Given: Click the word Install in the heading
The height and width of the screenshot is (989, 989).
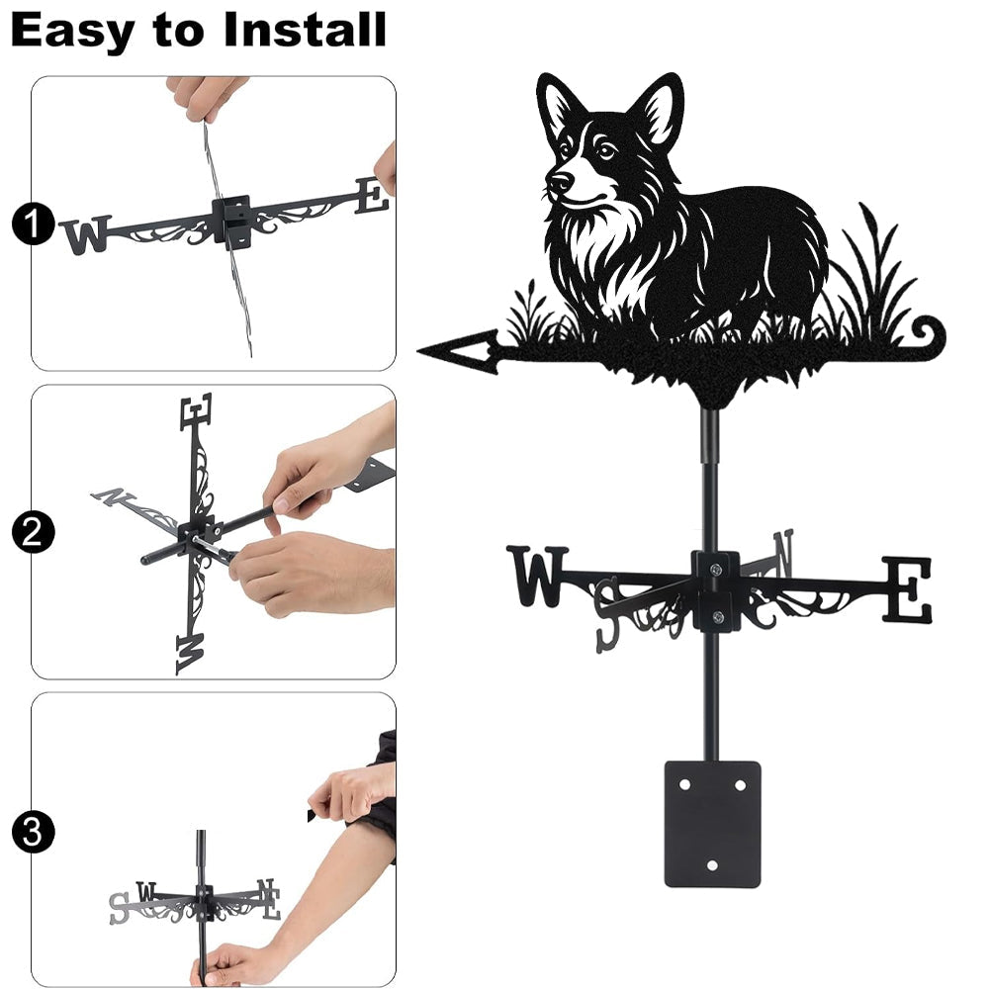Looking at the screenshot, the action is click(x=305, y=30).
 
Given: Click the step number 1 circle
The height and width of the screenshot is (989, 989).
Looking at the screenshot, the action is click(x=33, y=224).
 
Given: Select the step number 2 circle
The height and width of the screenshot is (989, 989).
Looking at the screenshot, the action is click(x=33, y=532).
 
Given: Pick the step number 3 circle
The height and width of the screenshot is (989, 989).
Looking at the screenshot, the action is click(x=33, y=832).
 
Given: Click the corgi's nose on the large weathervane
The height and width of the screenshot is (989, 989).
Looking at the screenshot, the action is click(x=559, y=182).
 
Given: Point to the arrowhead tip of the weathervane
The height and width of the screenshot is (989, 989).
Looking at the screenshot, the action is click(x=418, y=350).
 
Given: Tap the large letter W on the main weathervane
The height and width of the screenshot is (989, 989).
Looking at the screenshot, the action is click(x=537, y=577).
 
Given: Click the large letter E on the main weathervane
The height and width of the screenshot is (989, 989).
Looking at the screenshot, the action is click(x=906, y=589).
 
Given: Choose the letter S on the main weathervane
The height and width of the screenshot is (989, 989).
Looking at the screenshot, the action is click(x=608, y=615).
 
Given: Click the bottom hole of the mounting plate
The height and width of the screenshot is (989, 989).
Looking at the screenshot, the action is click(x=712, y=865).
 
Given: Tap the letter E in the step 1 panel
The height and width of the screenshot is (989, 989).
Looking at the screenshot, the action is click(x=372, y=196).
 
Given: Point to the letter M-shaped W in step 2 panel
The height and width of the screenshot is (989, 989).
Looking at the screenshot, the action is click(x=191, y=654).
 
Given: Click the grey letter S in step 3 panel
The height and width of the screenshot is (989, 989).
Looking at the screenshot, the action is click(x=119, y=908).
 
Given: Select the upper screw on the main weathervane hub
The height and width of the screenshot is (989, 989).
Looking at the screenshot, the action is click(x=715, y=571).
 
